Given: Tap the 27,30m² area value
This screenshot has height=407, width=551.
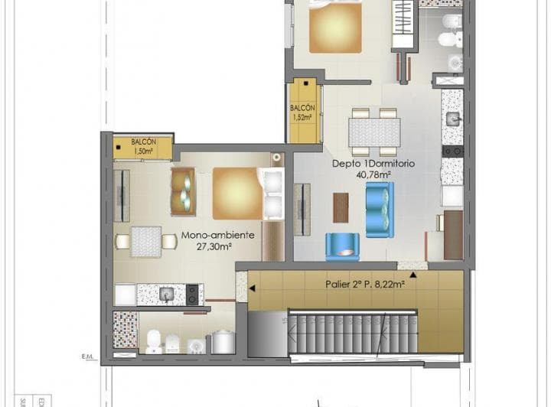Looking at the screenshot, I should pos(214,247).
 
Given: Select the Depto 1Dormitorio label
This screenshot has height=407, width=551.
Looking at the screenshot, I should pos(361,163).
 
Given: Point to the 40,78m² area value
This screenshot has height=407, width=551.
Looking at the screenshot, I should pos(373,174).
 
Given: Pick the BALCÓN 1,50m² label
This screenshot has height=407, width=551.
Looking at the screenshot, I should pos(143,146).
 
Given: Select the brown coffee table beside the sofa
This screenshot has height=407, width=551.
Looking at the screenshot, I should pos(341,207).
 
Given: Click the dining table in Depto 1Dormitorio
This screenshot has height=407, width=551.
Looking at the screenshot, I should pos(373,132).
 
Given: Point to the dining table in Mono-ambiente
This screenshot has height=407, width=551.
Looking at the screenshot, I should pos(145,242).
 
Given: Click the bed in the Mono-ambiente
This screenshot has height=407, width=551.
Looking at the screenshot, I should pos(237,193).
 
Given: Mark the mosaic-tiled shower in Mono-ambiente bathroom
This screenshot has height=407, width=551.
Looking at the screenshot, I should pos(125,330).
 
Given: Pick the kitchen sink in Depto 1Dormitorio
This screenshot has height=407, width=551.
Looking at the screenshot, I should pos(452,119).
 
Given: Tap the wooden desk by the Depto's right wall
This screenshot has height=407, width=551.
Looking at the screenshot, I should pos(452,234).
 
